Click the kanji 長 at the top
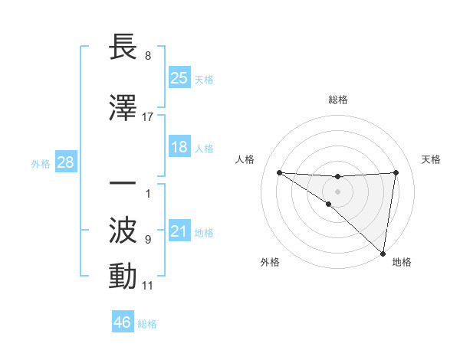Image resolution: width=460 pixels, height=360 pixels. click(123, 47)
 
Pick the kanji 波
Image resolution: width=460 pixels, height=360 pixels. click(123, 230)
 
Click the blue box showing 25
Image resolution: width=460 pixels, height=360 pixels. click(179, 77)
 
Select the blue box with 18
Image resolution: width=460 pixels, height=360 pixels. click(179, 147)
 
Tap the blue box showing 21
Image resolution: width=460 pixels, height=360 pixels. click(179, 232)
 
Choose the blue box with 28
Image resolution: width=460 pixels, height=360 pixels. click(65, 162)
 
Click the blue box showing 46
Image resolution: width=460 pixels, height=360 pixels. click(123, 322)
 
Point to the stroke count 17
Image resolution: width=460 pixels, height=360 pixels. click(148, 116)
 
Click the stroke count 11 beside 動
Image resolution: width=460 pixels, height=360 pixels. click(148, 286)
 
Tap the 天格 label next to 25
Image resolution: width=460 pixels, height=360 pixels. click(204, 79)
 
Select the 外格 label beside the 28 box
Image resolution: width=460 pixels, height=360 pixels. click(41, 163)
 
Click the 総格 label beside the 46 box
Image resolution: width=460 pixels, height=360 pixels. click(147, 324)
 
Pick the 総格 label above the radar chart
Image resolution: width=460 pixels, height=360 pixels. click(338, 100)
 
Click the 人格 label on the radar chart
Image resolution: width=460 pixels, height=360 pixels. click(245, 159)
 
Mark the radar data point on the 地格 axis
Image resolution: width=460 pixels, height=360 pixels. click(383, 253)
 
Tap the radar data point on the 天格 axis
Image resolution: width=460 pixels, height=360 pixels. click(396, 172)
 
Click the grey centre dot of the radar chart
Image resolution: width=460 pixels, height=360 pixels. click(337, 191)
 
